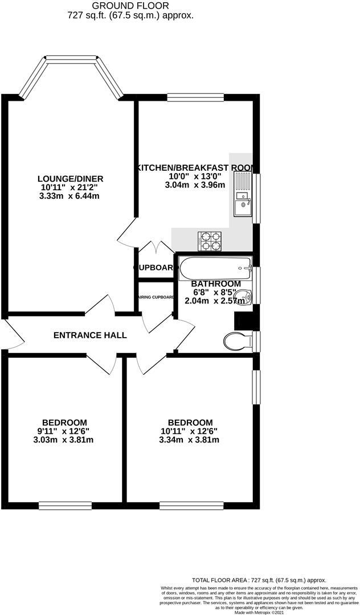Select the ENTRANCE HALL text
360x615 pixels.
pos(90,335)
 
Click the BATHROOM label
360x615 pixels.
pos(215,284)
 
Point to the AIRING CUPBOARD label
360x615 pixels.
pos(154,297)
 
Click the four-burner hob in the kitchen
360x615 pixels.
pos(210,241)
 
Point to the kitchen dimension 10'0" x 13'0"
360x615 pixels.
pos(194,177)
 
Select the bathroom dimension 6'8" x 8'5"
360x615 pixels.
pos(215,292)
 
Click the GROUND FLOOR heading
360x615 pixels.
pos(134,6)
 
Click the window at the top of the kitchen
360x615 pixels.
pos(195,97)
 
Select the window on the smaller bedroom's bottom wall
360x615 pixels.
pos(65,504)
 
